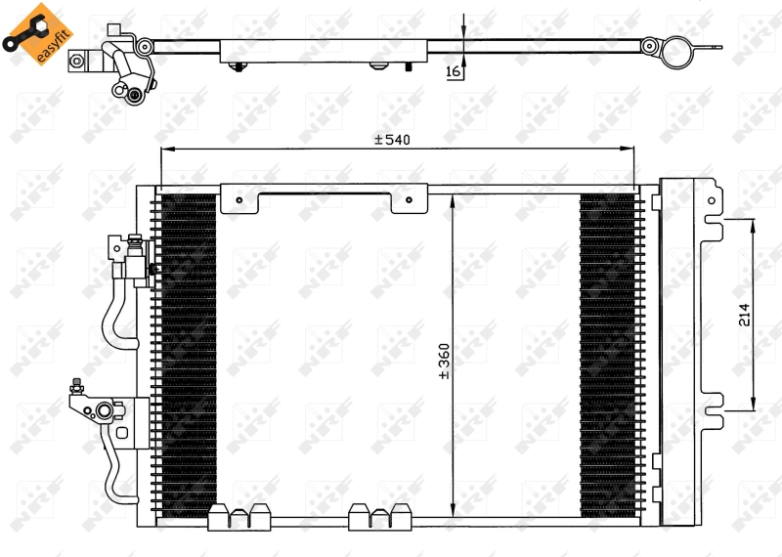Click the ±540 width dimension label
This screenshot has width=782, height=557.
click(391, 140)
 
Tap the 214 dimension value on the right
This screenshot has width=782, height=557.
click(744, 315)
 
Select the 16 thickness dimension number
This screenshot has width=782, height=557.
click(452, 70)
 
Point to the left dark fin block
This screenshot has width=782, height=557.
click(187, 352)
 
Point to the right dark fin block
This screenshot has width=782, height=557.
click(607, 352)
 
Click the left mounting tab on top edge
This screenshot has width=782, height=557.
click(239, 200)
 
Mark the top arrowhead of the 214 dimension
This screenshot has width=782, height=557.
click(754, 224)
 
